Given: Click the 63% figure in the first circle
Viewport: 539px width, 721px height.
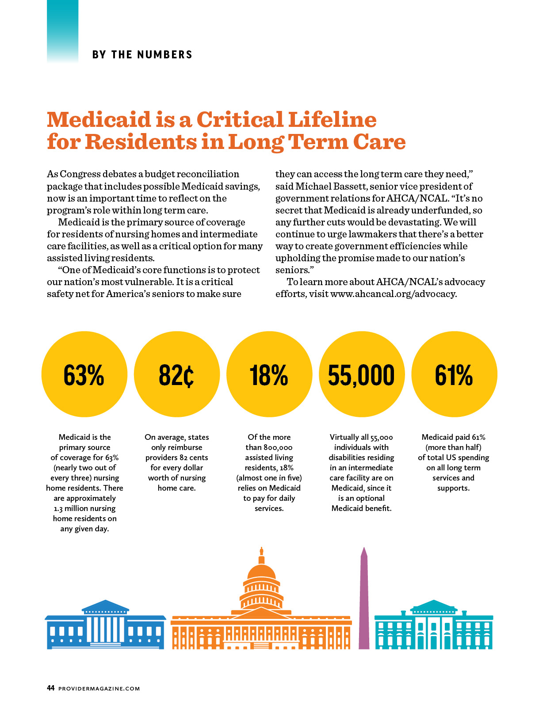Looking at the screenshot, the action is pyautogui.click(x=84, y=375).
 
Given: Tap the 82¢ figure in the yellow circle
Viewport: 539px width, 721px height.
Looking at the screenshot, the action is pyautogui.click(x=176, y=375).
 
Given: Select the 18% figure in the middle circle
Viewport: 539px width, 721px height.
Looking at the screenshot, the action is pyautogui.click(x=269, y=375).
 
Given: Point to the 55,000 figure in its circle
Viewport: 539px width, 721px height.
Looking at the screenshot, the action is pyautogui.click(x=361, y=375).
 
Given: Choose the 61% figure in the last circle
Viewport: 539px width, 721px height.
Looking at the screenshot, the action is pyautogui.click(x=454, y=375).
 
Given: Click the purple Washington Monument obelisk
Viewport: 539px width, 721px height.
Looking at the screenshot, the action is pyautogui.click(x=363, y=599).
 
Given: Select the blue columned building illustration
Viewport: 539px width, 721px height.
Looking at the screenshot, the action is pyautogui.click(x=105, y=625).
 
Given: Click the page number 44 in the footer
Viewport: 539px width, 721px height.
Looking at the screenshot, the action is pyautogui.click(x=50, y=688).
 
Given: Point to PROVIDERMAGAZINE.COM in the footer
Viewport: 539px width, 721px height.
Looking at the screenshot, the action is pyautogui.click(x=99, y=688).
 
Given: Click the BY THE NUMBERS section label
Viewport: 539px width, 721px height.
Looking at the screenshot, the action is pyautogui.click(x=142, y=54).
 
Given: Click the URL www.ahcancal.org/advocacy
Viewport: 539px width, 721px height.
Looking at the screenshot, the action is pyautogui.click(x=393, y=294).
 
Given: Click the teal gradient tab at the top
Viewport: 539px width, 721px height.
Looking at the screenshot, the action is pyautogui.click(x=62, y=31).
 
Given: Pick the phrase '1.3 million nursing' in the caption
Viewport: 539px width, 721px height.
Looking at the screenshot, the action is pyautogui.click(x=85, y=508).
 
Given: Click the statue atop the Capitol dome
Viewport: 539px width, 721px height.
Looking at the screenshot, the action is pyautogui.click(x=261, y=551).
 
